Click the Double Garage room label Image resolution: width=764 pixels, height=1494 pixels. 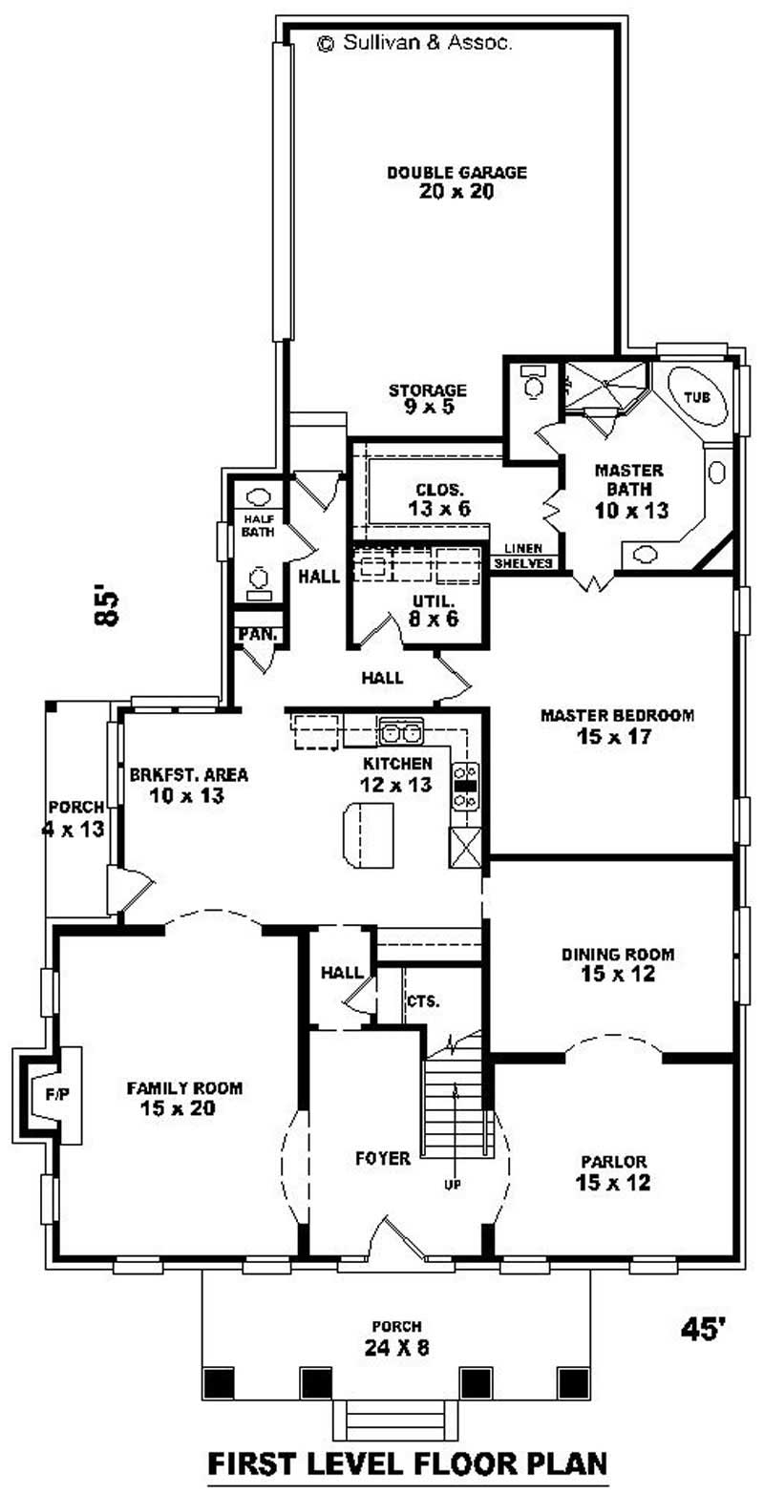coord(456,181)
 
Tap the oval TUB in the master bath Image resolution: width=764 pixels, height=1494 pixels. coord(697,395)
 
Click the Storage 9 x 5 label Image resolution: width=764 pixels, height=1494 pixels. coord(428,398)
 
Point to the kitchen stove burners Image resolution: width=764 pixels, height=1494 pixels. coord(465,786)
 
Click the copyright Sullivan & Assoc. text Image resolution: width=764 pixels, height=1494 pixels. coord(415,43)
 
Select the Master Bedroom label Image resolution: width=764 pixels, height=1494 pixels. coord(617,725)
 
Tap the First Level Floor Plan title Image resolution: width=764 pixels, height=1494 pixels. coord(408,1462)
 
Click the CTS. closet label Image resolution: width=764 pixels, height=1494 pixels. coord(423,1001)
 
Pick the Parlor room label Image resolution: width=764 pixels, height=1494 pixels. coord(613,1172)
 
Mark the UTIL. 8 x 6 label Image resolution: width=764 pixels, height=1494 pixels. coord(434,609)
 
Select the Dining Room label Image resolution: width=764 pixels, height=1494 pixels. coord(617,963)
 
